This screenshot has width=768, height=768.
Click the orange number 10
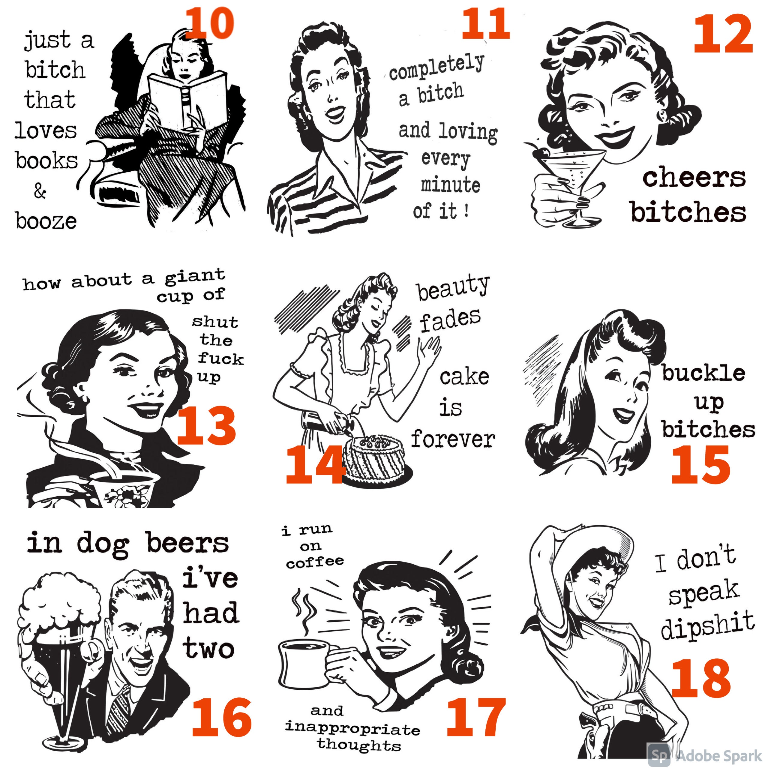pos(209,23)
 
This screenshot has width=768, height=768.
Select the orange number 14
pos(316,464)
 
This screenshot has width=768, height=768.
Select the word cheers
pos(694,177)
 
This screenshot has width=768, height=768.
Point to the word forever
pos(453,439)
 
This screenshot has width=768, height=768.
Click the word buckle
pos(703,373)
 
